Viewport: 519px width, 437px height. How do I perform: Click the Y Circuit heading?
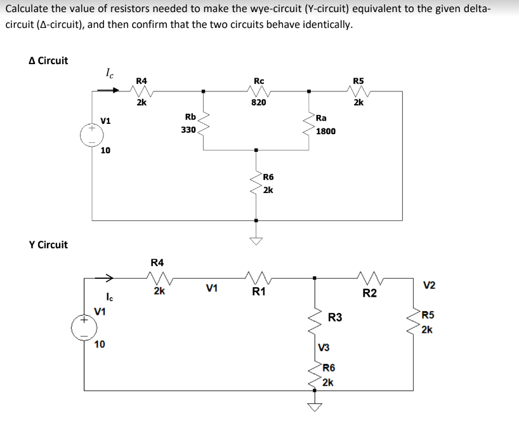tap(48, 245)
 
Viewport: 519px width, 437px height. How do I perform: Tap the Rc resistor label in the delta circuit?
tap(259, 81)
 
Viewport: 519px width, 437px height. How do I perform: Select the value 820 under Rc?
tap(259, 102)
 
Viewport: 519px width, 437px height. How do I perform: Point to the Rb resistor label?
tap(190, 116)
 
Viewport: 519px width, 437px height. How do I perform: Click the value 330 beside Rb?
tap(188, 130)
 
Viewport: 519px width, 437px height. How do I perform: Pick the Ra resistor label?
tap(322, 118)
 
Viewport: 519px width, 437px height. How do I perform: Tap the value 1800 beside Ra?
tap(325, 131)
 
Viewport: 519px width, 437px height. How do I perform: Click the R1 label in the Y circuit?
tap(258, 292)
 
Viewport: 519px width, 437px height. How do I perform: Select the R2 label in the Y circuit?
tap(370, 293)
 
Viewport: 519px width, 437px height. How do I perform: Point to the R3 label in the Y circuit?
tap(335, 317)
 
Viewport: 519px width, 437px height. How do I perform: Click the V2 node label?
tap(429, 286)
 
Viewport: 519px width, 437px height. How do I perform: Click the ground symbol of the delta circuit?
tap(256, 239)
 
